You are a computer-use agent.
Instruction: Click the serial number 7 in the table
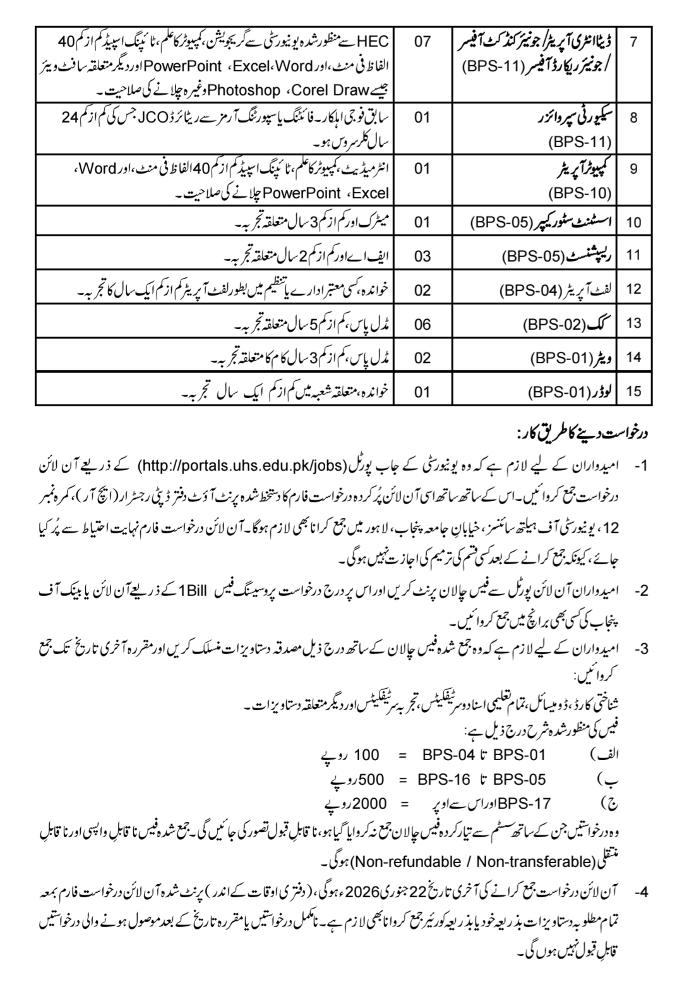[633, 42]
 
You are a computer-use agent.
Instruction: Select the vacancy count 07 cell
[422, 42]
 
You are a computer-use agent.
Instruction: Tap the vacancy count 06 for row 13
[422, 324]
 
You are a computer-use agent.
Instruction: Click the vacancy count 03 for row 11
[422, 256]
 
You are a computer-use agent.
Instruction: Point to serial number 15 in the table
[633, 392]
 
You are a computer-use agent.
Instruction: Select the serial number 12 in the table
[633, 289]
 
